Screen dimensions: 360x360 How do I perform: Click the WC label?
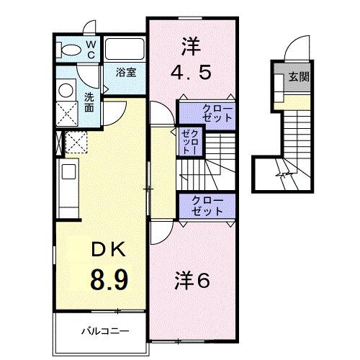91,49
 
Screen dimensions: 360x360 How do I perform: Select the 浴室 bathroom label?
127,71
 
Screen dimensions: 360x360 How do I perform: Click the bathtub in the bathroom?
126,48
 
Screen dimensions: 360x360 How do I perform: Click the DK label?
108,250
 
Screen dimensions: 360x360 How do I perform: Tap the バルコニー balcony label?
104,333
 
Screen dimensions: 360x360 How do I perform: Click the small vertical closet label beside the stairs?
190,141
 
